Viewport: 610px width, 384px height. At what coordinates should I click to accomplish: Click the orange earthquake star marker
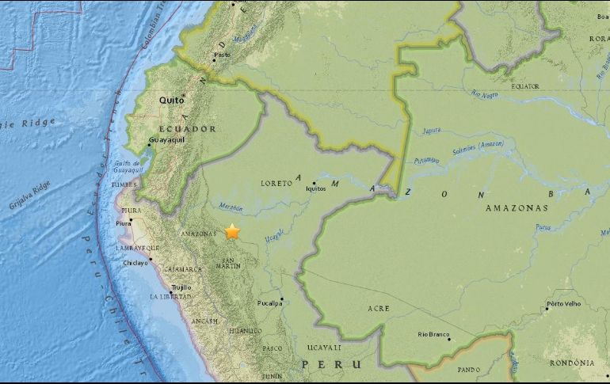[232, 231]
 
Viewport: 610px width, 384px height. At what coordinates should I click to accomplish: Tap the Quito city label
[171, 101]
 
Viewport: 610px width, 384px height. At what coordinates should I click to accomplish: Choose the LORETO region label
[277, 183]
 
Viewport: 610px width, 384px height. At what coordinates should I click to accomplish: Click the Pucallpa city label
[269, 303]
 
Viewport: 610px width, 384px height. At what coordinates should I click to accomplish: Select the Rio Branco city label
[433, 334]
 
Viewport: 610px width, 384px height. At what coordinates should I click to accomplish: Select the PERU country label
[332, 363]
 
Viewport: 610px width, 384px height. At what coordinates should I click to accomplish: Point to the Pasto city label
[223, 55]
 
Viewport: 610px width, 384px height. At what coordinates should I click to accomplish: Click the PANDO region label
[469, 369]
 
